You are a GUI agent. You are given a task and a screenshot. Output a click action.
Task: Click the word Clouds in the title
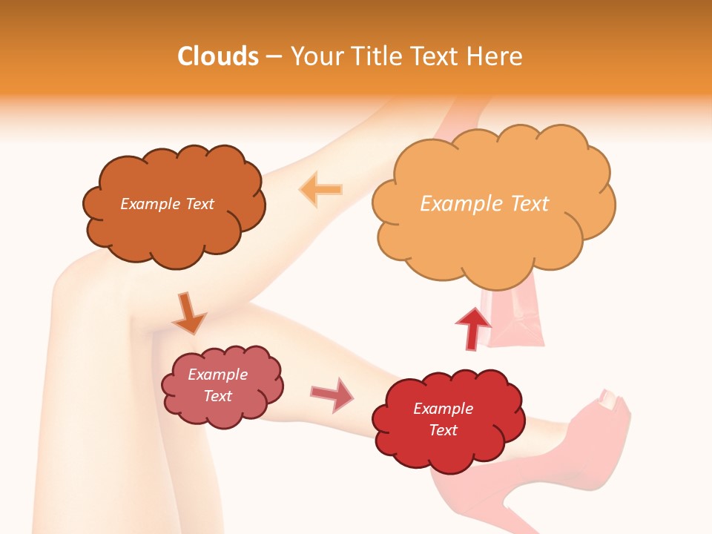tap(218, 56)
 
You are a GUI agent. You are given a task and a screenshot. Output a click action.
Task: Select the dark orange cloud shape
tap(174, 222)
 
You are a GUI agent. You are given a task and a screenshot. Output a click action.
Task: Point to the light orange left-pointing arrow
tap(320, 189)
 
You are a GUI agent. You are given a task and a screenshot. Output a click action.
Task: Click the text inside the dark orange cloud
tap(167, 204)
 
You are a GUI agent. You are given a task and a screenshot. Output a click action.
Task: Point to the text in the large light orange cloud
tap(484, 204)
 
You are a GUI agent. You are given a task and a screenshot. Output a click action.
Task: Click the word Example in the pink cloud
tap(217, 375)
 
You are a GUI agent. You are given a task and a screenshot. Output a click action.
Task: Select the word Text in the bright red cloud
tap(443, 430)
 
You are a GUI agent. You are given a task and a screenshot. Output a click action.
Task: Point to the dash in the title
tap(274, 57)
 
